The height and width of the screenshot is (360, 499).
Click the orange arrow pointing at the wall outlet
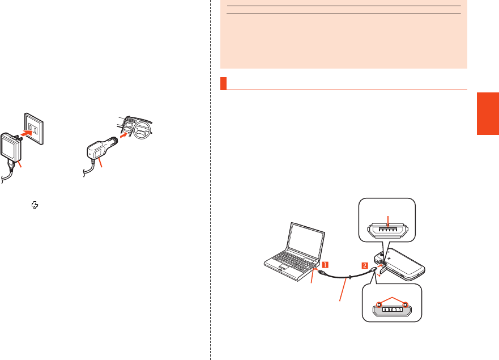[19, 134]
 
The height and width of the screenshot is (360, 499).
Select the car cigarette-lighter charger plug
[99, 151]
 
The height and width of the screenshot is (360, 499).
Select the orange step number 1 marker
[325, 264]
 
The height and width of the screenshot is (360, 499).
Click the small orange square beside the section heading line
[224, 83]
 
